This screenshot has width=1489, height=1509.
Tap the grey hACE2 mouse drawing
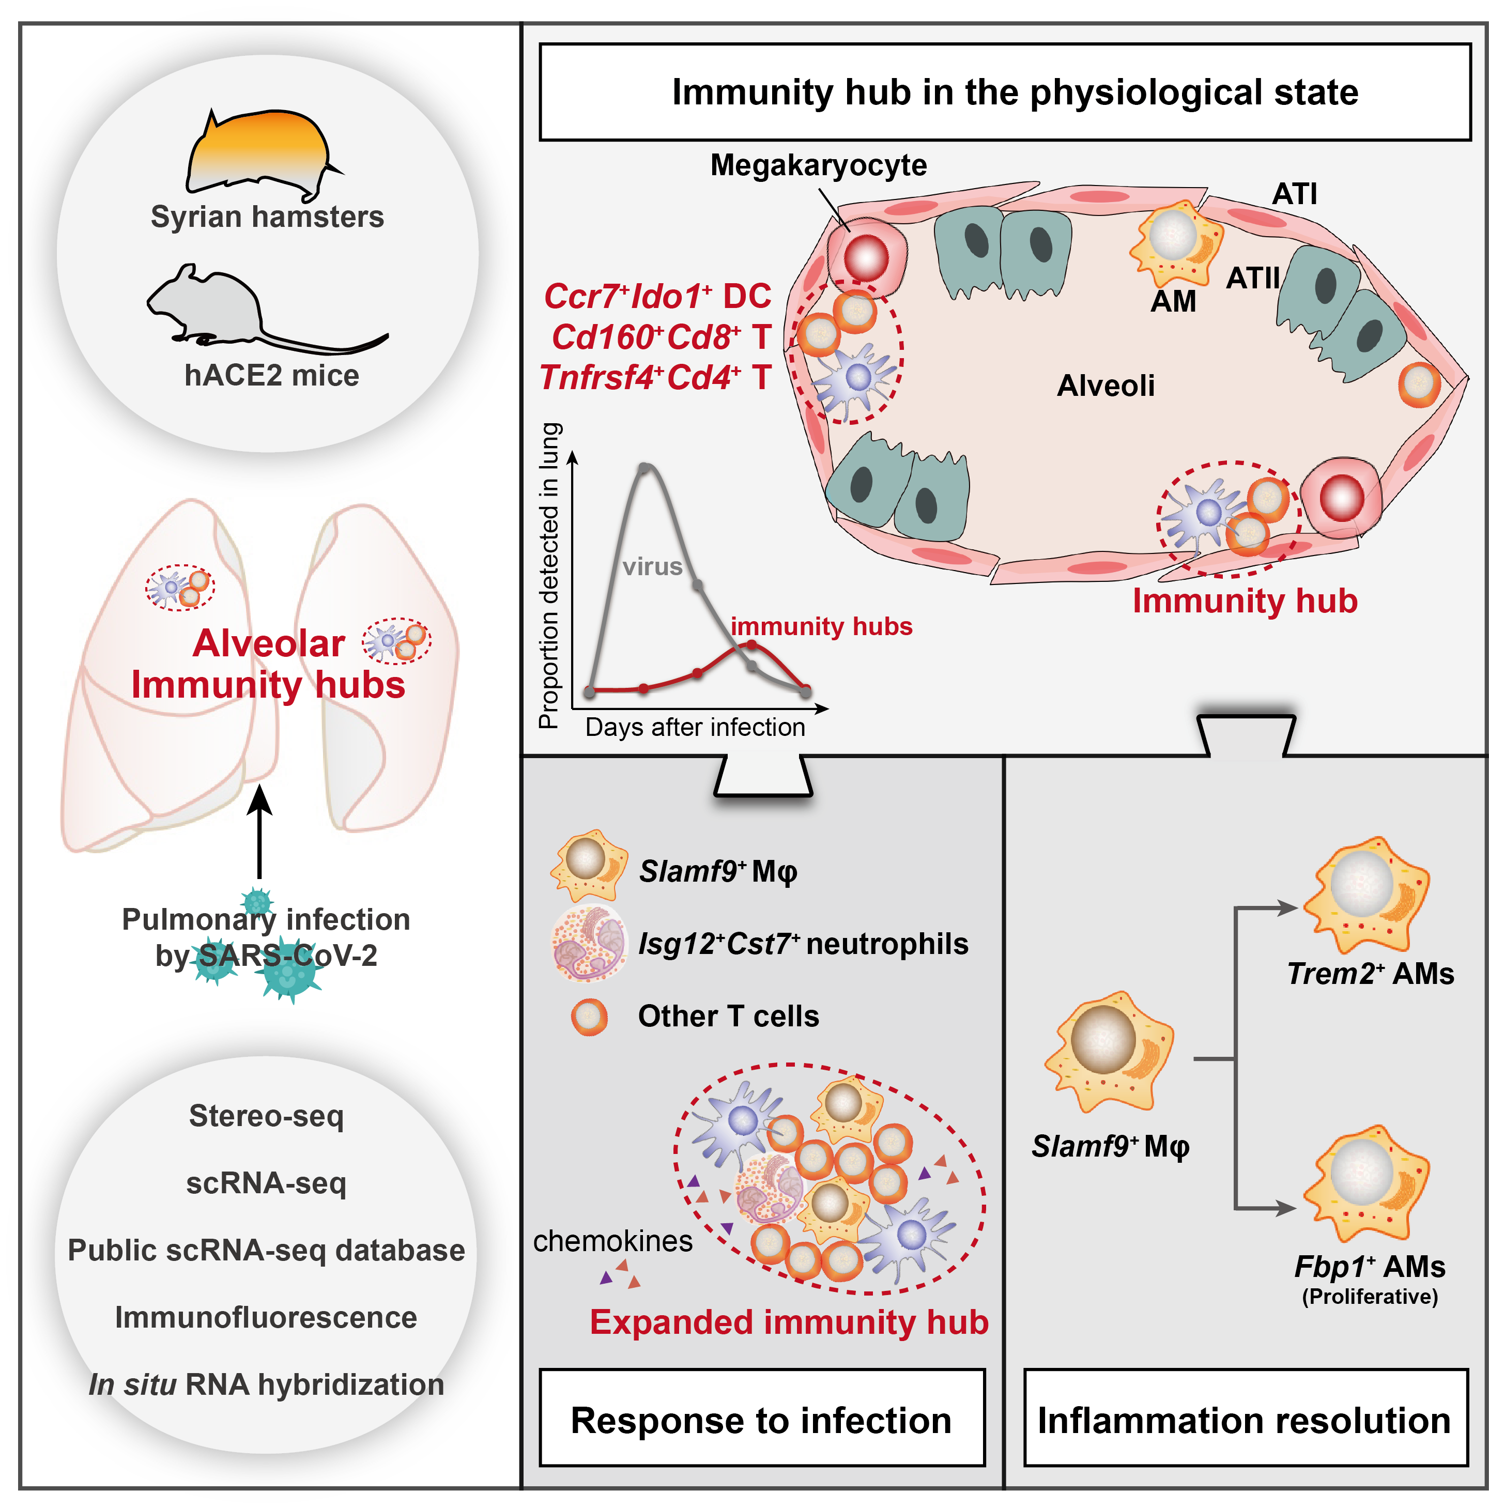pyautogui.click(x=234, y=309)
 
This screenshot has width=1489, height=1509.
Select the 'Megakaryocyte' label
pyautogui.click(x=818, y=165)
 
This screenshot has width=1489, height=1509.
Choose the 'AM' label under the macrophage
pyautogui.click(x=1173, y=301)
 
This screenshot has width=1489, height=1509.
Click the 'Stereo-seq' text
pyautogui.click(x=266, y=1115)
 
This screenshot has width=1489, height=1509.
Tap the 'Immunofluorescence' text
pyautogui.click(x=266, y=1317)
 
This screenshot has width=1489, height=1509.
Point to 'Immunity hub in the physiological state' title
pyautogui.click(x=1014, y=92)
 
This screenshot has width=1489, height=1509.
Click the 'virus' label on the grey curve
pyautogui.click(x=652, y=566)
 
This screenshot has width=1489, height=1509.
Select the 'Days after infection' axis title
pyautogui.click(x=695, y=727)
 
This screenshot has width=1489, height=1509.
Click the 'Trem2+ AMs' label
pyautogui.click(x=1370, y=974)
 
